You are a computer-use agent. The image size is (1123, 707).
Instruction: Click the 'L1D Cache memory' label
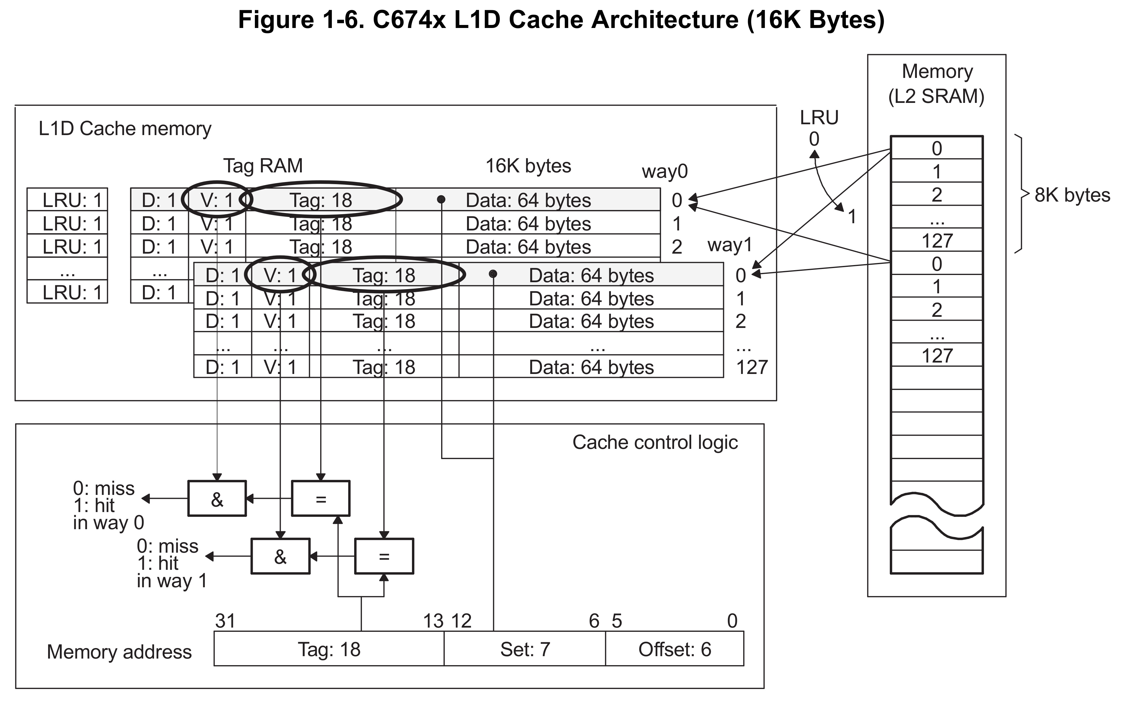coord(125,129)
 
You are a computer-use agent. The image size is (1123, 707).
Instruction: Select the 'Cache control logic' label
coord(655,442)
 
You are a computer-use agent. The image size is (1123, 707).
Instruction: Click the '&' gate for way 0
coord(217,499)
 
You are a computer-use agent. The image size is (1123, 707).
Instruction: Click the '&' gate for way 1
coord(280,556)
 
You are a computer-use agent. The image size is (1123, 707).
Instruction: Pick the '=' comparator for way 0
coord(320,499)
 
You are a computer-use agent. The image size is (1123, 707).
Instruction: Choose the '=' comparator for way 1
coord(384,556)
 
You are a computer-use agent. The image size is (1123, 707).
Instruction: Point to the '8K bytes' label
coord(1072,195)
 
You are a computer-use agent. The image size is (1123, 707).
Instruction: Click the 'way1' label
coord(730,245)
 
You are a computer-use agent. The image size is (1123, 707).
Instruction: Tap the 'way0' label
coord(665,171)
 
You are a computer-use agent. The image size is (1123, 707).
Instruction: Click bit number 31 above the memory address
coord(225,621)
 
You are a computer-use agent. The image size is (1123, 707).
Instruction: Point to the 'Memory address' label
coord(119,652)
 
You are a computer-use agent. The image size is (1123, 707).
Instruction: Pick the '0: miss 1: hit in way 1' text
coord(171,563)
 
